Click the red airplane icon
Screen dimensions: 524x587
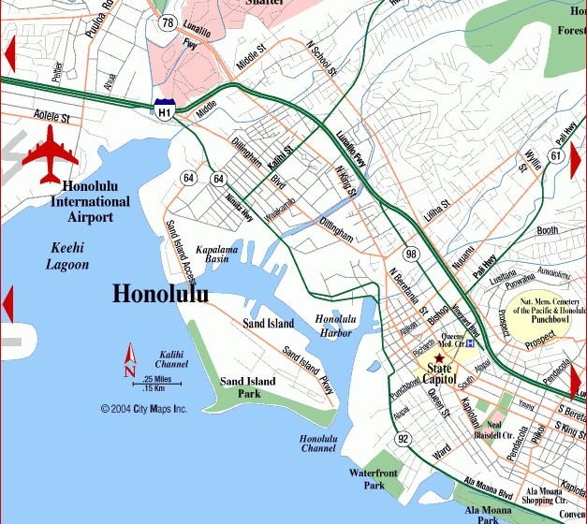(x=50, y=154)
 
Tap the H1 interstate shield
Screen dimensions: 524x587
(x=165, y=109)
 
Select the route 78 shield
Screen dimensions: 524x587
(x=168, y=22)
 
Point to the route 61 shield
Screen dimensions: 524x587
(x=556, y=155)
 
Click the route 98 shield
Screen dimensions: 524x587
(x=411, y=255)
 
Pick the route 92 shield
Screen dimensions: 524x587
(x=403, y=438)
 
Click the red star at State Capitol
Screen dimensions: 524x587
(x=440, y=358)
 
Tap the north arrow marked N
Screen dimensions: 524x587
(x=131, y=359)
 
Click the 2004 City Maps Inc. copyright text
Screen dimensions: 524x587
(x=144, y=409)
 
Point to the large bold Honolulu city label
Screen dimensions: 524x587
(x=160, y=294)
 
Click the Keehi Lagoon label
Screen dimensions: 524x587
(x=67, y=256)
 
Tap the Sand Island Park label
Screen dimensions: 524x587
(x=247, y=387)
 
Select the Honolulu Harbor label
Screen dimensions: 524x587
(x=334, y=326)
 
